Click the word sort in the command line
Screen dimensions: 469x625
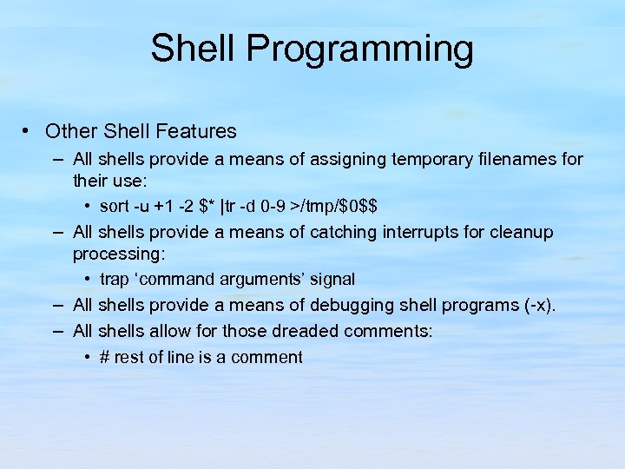click(x=114, y=207)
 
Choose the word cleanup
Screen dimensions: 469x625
click(x=523, y=233)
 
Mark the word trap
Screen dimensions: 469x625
click(x=114, y=280)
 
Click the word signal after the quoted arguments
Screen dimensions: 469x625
click(x=327, y=280)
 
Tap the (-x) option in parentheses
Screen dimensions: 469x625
click(x=535, y=306)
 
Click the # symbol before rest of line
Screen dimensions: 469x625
click(x=105, y=357)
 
